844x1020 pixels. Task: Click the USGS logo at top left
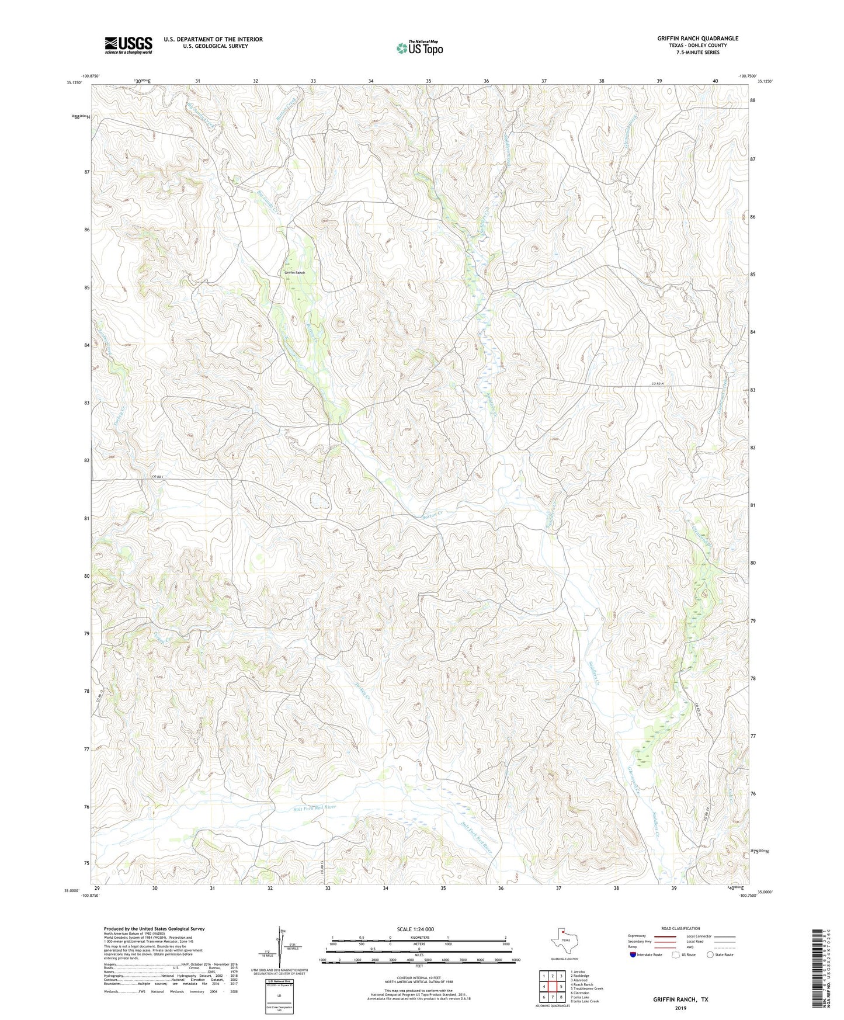(x=128, y=45)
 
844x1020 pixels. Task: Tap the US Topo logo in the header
(x=419, y=48)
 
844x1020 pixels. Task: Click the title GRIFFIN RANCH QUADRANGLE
(x=697, y=39)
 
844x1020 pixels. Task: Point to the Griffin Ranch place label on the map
(x=294, y=273)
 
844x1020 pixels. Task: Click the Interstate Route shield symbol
(x=633, y=955)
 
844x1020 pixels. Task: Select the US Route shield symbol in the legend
(x=676, y=955)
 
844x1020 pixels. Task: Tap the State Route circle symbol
(x=710, y=955)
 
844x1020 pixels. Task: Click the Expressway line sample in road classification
(x=665, y=936)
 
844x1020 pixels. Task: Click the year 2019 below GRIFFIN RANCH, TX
(x=680, y=1008)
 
